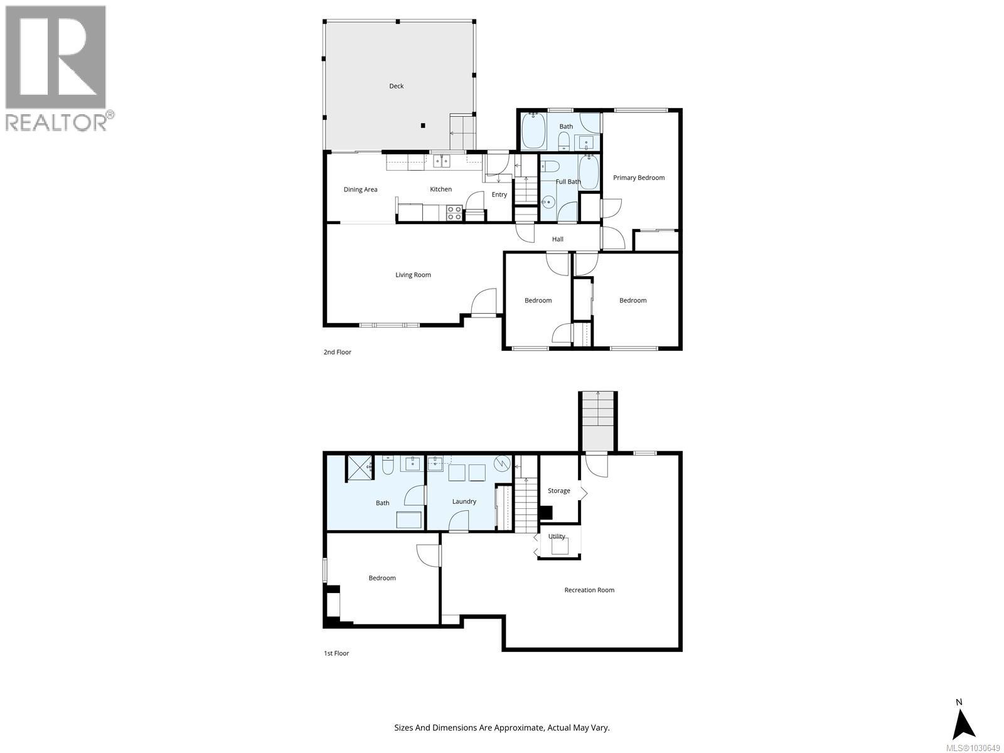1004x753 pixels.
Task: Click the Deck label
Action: (396, 86)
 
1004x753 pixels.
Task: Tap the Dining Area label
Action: (360, 190)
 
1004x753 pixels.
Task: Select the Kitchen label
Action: (441, 190)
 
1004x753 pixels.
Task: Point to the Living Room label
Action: (413, 275)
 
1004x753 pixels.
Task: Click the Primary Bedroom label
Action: (638, 178)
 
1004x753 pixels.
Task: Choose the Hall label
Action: (557, 239)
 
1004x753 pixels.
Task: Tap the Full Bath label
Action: (568, 182)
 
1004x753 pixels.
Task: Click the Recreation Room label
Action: (589, 590)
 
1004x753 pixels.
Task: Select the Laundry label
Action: (464, 501)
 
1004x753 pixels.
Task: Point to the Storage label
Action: (558, 491)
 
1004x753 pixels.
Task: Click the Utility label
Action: (557, 537)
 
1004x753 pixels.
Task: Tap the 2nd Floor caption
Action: (337, 352)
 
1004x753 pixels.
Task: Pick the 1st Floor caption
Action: (336, 653)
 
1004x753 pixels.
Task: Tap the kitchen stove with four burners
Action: (454, 213)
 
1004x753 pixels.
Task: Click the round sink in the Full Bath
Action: (548, 202)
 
